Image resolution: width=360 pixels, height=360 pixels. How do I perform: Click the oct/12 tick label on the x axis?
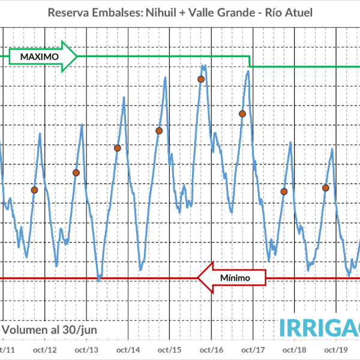[x=45, y=350]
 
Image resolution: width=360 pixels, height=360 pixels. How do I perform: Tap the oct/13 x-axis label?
[x=87, y=350]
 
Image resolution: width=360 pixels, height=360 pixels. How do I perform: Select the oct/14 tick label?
[x=128, y=350]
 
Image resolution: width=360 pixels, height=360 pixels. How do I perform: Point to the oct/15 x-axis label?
[x=170, y=350]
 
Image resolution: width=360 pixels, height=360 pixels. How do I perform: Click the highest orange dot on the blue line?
[x=201, y=79]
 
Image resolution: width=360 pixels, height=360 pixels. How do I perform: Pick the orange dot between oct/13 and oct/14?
[x=118, y=148]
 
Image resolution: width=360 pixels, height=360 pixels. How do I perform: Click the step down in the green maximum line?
[x=250, y=61]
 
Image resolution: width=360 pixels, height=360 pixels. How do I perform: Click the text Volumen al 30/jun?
[x=49, y=329]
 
